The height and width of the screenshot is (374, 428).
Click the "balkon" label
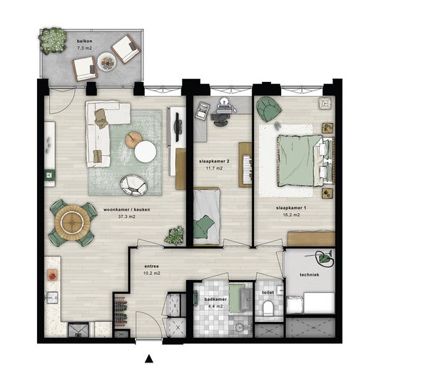[x=84, y=41]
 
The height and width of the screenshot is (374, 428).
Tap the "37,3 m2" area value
[x=126, y=217]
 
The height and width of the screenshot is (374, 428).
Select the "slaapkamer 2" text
[x=214, y=162]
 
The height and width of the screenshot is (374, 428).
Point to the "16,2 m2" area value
[x=291, y=215]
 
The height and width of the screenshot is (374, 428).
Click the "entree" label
[x=151, y=266]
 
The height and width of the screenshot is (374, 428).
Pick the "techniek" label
[x=310, y=275]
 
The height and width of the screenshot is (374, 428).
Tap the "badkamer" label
[x=215, y=299]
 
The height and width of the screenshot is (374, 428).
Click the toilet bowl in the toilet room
[x=268, y=308]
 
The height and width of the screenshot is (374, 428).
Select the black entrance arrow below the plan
[x=149, y=358]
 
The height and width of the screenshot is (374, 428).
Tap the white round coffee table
[x=146, y=152]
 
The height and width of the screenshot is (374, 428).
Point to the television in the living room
[x=178, y=127]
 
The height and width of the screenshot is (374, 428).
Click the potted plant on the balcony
[x=53, y=41]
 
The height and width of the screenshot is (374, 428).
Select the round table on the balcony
[x=107, y=61]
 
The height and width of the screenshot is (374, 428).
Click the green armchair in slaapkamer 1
[x=268, y=110]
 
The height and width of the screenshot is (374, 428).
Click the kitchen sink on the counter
[x=52, y=297]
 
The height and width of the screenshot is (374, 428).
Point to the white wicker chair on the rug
[x=134, y=185]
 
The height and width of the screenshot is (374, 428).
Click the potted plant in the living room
[x=174, y=236]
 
